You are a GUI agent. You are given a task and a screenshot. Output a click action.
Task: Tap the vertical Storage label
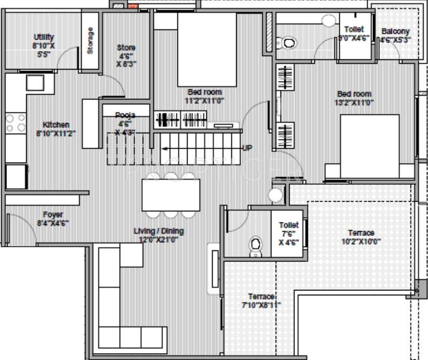tap(90, 40)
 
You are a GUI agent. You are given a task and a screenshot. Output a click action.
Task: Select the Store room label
tap(126, 55)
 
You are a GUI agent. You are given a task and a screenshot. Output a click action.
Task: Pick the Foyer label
tap(53, 218)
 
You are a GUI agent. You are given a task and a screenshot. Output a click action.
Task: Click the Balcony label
tap(395, 35)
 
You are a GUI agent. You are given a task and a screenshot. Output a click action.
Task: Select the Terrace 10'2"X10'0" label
tap(361, 236)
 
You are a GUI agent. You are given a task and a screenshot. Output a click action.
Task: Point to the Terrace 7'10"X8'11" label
tap(261, 301)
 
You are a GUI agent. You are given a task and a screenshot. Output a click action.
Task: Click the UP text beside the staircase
tap(247, 148)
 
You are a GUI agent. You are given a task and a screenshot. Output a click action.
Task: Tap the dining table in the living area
tap(170, 195)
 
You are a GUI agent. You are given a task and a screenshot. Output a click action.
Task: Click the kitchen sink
tap(36, 83)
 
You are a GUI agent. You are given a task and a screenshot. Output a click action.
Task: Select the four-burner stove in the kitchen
tap(15, 122)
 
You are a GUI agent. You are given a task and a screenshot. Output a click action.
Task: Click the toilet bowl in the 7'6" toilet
tap(256, 245)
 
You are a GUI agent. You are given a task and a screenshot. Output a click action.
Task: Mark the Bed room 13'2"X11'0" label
tap(354, 98)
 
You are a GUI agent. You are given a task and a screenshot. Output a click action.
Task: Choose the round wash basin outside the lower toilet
tap(276, 195)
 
